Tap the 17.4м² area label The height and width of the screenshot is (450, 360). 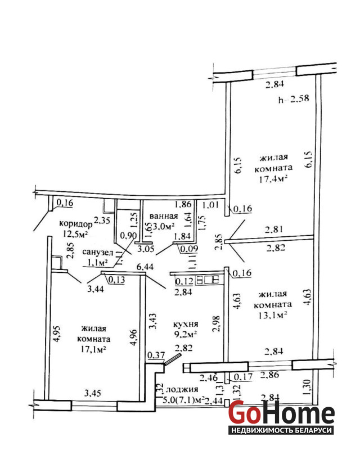coord(273,178)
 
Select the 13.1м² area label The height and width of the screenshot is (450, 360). coord(273,315)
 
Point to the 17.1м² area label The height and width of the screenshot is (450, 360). coord(94,349)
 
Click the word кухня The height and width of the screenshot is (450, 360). coord(186,325)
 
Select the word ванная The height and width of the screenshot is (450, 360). coord(164,217)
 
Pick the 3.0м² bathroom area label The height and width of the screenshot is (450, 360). coord(163,227)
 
